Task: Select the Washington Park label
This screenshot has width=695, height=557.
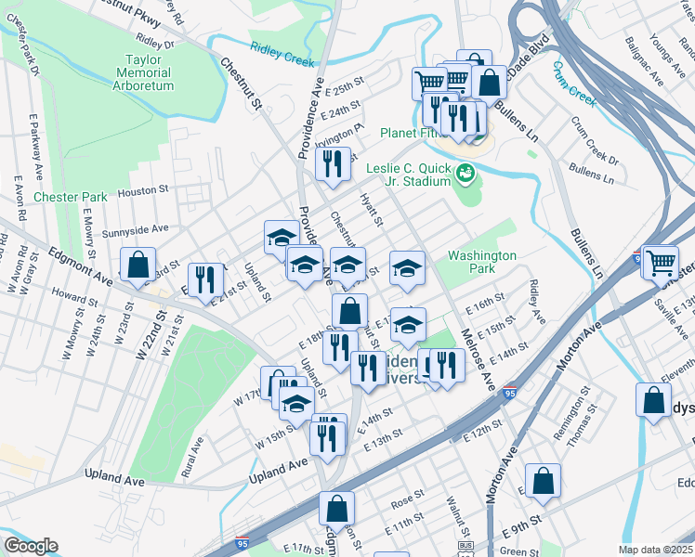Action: (x=481, y=262)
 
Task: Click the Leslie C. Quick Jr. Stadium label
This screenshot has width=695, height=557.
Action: (x=408, y=175)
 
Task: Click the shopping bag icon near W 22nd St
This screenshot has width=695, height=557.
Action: (x=138, y=265)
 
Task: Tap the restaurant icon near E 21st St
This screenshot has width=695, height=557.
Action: (x=203, y=278)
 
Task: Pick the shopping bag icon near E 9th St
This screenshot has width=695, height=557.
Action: (x=544, y=481)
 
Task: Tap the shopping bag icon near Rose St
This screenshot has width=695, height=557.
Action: (x=336, y=509)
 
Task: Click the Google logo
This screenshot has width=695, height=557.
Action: (x=31, y=546)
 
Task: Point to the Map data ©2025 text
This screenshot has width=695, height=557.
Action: (x=655, y=550)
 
